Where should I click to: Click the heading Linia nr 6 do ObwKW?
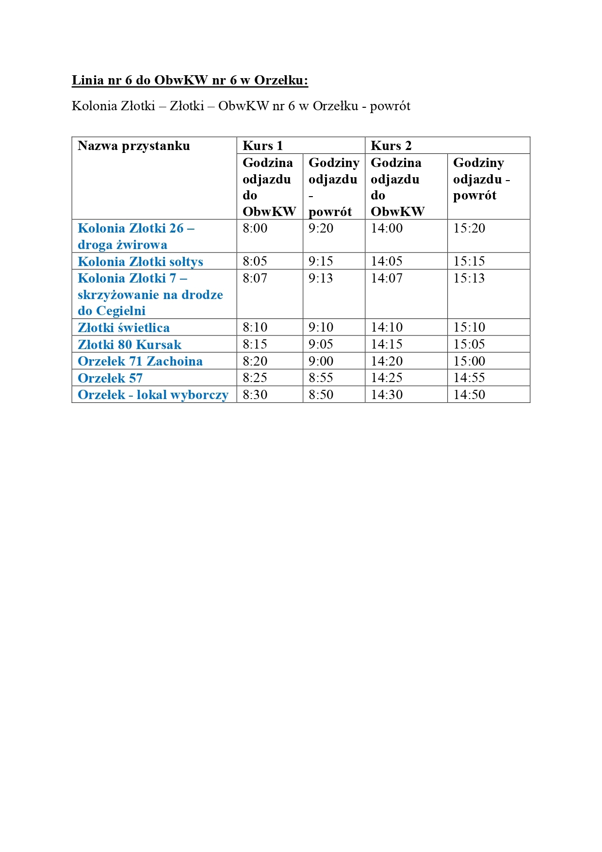coord(190,80)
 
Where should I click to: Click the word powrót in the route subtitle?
coord(390,106)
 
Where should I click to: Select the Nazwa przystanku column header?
coord(134,146)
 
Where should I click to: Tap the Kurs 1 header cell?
coord(262,146)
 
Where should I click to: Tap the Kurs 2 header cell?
coord(391,146)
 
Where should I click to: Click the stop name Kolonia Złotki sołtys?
coord(140,262)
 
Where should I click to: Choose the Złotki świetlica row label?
coord(124,328)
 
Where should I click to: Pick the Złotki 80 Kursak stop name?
coord(130,345)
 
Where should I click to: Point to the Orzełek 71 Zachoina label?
coord(140,361)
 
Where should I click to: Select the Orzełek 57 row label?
coord(110,378)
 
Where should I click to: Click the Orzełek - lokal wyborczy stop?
coord(153,395)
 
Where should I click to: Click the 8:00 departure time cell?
coord(255,228)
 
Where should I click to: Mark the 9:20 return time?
coord(321,228)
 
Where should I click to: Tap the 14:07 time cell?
coord(387,278)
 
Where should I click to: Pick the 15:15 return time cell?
coord(469,261)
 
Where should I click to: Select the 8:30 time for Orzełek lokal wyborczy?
coord(255,395)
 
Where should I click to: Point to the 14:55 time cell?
coord(469,378)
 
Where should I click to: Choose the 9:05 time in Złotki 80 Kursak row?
coord(321,344)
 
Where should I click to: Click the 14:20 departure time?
coord(387,361)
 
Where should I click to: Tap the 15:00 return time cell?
coord(469,361)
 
